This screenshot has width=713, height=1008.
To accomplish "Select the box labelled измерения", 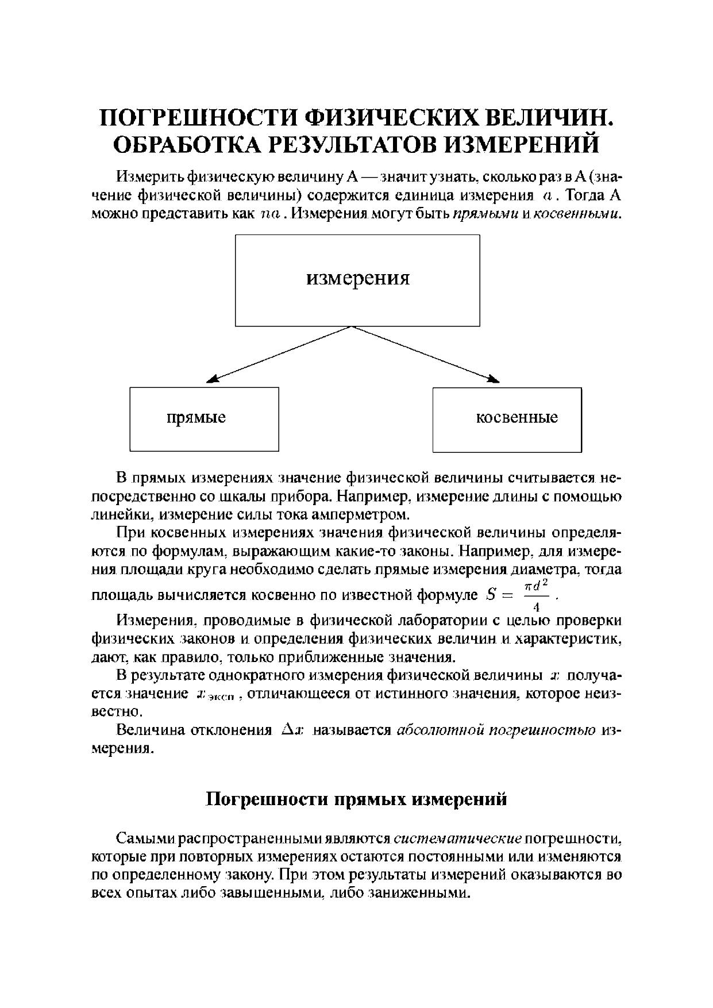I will tap(357, 280).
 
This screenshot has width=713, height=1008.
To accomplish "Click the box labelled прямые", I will tap(204, 419).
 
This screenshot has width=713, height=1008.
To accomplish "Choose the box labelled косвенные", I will tap(507, 419).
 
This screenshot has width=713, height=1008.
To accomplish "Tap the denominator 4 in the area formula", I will tap(536, 607).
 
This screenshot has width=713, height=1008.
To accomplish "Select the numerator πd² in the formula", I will tap(537, 585).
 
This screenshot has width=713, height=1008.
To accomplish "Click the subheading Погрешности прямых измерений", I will tap(356, 799).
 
